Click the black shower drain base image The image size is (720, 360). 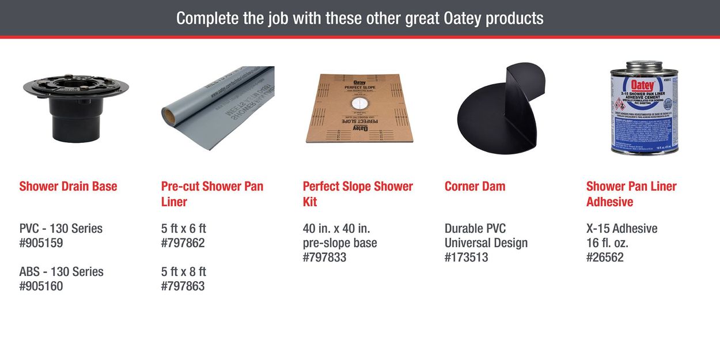[75, 107]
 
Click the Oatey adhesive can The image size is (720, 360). [640, 108]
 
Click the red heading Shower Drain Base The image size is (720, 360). [68, 186]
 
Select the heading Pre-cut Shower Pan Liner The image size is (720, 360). [212, 194]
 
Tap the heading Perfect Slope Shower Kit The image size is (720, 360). [358, 194]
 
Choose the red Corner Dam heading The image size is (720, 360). [475, 186]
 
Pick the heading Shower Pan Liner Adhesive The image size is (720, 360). [631, 194]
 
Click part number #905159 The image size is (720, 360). [41, 243]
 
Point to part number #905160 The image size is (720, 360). [41, 286]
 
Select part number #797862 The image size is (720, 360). [183, 243]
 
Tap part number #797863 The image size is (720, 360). [183, 286]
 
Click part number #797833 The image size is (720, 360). [324, 257]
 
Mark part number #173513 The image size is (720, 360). [466, 257]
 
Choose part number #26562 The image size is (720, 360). [605, 257]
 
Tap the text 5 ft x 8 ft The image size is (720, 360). [184, 271]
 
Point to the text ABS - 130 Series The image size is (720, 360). [61, 271]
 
